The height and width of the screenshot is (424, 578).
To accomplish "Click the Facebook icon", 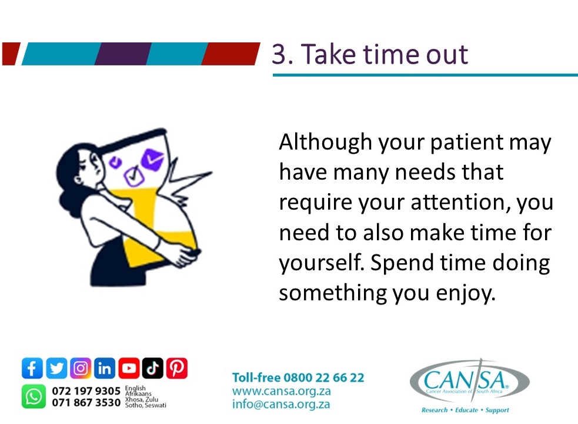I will pos(32,369).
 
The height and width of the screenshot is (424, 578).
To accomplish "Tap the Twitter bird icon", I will pos(56,369).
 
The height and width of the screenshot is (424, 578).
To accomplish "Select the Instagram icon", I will pos(81,369).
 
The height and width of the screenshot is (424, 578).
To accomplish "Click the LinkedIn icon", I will pos(105,369).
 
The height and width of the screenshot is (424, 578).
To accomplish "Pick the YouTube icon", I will pos(129,369).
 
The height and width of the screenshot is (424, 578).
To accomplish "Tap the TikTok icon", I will pos(152,369).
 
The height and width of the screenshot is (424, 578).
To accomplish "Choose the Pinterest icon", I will pos(176,369).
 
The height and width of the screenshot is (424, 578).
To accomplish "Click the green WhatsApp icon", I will pos(34,396).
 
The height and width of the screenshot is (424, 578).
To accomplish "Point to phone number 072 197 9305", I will pos(86,391).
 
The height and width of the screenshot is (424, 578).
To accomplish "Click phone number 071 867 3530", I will pos(86,403).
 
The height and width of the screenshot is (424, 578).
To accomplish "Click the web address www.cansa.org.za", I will pos(281,391).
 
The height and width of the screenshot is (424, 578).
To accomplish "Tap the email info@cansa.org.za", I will pos(280,405).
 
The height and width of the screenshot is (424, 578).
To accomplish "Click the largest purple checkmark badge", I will pos(154,157).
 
